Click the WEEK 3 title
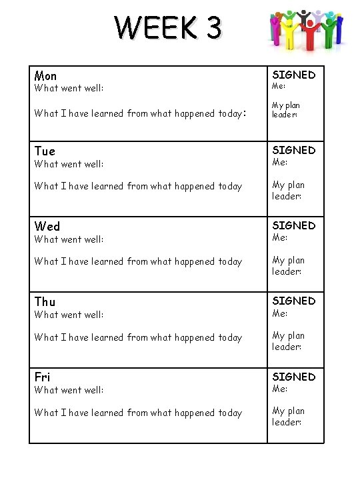click(167, 29)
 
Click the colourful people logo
click(307, 30)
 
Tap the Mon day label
click(45, 76)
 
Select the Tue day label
click(45, 151)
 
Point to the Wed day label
click(47, 227)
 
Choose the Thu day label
click(45, 302)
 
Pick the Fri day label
click(42, 377)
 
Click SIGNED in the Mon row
click(293, 75)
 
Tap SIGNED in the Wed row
click(293, 225)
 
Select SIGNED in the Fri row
click(293, 377)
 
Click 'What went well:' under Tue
click(69, 164)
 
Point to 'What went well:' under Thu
click(69, 315)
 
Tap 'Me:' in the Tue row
click(279, 162)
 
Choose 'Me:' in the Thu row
click(279, 313)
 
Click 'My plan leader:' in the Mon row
click(286, 110)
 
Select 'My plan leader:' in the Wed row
click(288, 266)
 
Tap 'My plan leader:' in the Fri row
click(288, 417)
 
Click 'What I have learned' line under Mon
click(140, 113)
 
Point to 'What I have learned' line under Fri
click(138, 413)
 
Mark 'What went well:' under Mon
click(69, 88)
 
